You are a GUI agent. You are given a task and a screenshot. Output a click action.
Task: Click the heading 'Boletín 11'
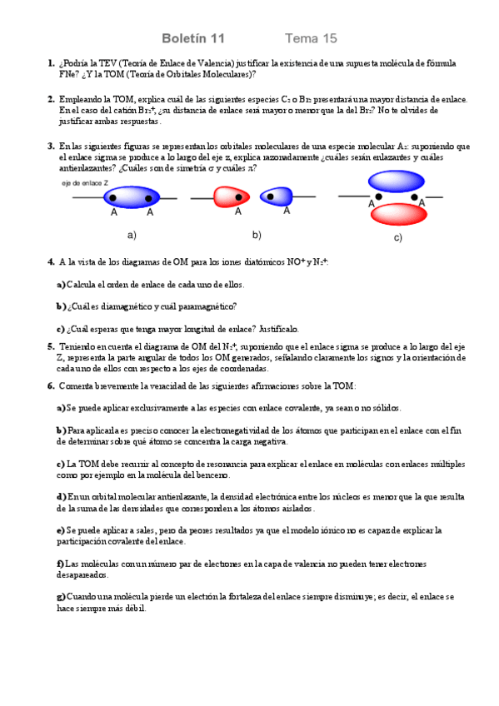192,38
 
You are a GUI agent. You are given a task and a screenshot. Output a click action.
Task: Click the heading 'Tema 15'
311,38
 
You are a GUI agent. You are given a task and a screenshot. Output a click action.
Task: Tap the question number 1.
51,63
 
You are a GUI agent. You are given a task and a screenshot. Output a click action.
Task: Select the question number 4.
51,262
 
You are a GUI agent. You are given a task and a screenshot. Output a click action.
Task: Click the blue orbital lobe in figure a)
132,197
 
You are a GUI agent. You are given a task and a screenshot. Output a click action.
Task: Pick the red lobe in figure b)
227,197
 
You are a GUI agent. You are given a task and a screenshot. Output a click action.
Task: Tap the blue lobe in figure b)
276,196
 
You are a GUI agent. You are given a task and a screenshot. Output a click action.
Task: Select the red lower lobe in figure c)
396,214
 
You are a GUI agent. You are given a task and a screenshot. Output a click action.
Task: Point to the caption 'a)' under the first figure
131,234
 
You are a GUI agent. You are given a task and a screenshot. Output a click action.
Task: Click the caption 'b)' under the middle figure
257,234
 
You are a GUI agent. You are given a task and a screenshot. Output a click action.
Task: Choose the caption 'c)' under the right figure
397,239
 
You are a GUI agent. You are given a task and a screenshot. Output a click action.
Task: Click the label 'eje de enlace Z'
85,181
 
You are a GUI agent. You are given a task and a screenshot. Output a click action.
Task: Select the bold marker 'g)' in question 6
61,597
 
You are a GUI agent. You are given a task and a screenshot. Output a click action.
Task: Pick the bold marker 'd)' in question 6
61,497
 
